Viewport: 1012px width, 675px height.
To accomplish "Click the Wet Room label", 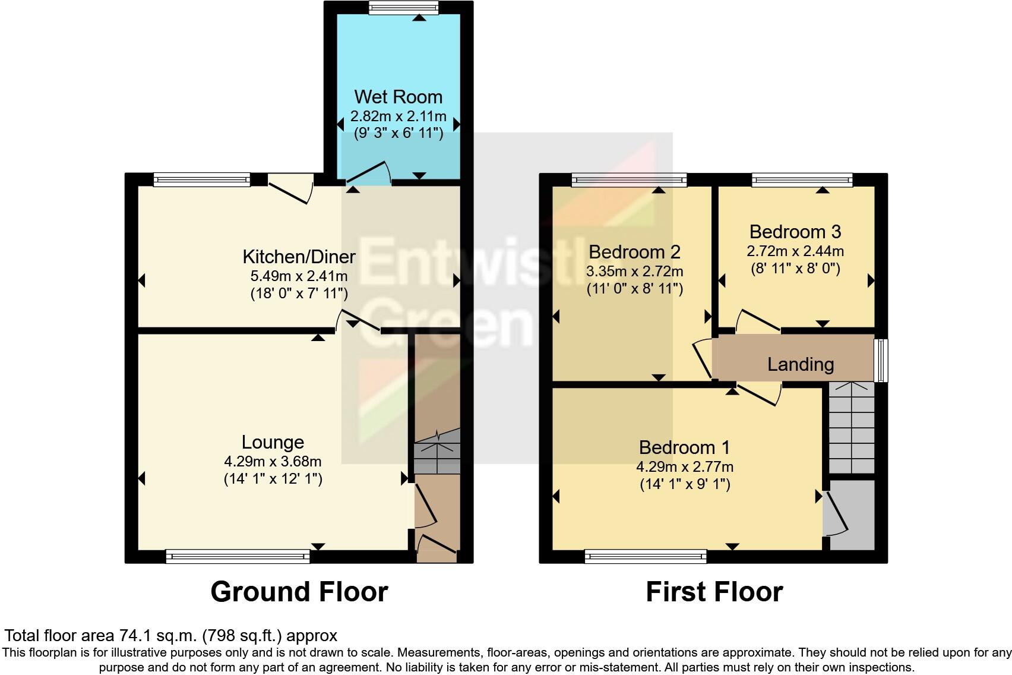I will point(398,97).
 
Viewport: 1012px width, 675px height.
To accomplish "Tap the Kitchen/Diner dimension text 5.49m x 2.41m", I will point(299,276).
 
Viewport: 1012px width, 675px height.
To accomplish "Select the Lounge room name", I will point(273,442).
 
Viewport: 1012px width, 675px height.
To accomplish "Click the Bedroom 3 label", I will point(795,232).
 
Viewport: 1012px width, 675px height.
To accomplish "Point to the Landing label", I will point(800,364).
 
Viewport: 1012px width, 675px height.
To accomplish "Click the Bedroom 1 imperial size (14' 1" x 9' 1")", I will point(684,484).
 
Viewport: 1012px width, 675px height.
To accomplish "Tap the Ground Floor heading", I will point(299,592).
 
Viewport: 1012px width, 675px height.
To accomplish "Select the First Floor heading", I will point(714,592).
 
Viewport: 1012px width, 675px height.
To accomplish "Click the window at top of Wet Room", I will point(403,8).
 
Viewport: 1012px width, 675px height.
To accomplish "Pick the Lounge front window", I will point(238,557).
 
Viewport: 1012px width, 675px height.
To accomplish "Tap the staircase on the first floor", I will point(852,428).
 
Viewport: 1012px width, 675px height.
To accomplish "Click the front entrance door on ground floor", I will point(437,548).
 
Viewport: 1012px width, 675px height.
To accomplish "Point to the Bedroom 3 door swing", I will point(757,321).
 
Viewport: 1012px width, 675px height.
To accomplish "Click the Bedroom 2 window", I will point(629,179).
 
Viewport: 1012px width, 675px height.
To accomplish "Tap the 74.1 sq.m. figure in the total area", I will point(159,635).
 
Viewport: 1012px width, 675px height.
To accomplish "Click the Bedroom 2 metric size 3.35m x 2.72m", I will point(634,272).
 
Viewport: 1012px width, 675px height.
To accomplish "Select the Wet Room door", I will point(368,173).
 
